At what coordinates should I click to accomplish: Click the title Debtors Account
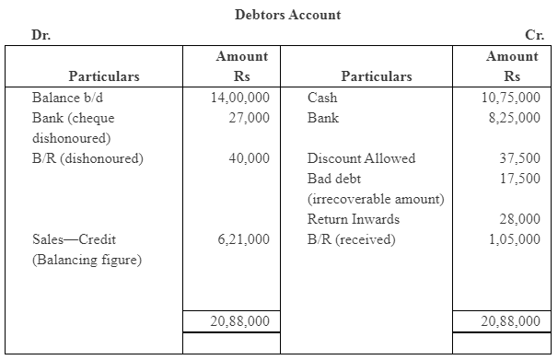(287, 15)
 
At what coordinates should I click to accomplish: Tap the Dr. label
(41, 35)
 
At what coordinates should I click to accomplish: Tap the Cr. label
(534, 35)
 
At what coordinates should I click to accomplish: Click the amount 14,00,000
(240, 97)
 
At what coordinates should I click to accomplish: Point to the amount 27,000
(249, 117)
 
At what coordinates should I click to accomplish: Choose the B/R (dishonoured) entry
(87, 157)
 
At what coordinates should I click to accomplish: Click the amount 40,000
(249, 157)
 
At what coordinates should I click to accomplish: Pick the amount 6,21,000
(244, 238)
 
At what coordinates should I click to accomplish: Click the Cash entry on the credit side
(322, 97)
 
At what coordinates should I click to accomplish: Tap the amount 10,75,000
(511, 97)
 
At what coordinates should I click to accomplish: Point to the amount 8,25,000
(514, 117)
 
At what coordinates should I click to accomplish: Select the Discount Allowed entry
(361, 157)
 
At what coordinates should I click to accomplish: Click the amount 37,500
(519, 157)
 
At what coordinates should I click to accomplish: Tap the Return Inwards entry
(354, 218)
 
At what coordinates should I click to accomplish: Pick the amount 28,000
(519, 218)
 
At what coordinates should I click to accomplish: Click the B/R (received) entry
(351, 238)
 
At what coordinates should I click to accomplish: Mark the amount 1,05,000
(514, 238)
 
